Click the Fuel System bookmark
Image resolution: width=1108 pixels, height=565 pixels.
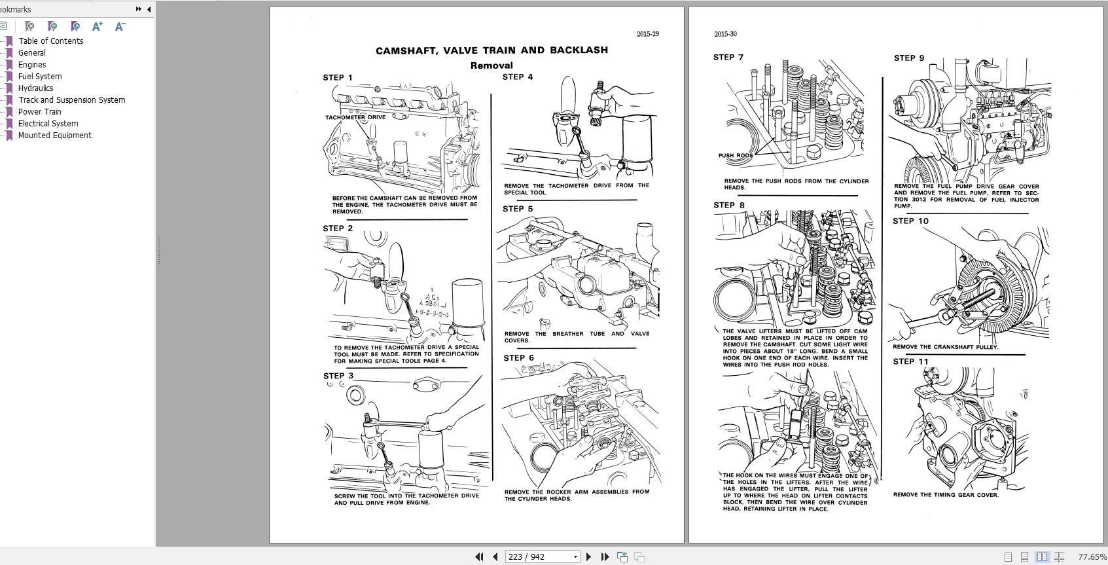[x=40, y=77]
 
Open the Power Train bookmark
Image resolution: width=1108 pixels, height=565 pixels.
[x=39, y=112]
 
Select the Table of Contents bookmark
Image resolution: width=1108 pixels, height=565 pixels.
[x=50, y=41]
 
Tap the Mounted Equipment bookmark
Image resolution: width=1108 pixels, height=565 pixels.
[x=54, y=136]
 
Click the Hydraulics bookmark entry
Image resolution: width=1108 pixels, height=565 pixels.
[x=35, y=88]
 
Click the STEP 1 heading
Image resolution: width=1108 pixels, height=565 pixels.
[x=337, y=78]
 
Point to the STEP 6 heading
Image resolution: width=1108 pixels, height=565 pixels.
[x=518, y=358]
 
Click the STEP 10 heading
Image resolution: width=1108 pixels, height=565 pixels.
[x=910, y=221]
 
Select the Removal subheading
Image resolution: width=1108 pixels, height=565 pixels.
[x=491, y=65]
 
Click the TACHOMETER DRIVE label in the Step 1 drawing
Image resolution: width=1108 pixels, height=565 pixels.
[x=355, y=118]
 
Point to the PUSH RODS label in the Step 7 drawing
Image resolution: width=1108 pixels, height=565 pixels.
[x=735, y=156]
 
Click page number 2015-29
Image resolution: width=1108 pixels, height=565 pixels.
[x=647, y=34]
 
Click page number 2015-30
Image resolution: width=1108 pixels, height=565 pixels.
[x=725, y=34]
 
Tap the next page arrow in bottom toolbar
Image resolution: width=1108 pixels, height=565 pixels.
[x=588, y=556]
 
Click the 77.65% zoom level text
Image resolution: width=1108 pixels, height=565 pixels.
[x=1092, y=556]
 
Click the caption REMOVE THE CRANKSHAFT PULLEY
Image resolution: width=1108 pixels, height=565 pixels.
[x=945, y=347]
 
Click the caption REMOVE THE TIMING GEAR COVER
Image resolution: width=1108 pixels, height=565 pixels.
[x=946, y=495]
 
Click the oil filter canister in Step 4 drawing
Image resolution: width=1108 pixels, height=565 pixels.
[x=637, y=139]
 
